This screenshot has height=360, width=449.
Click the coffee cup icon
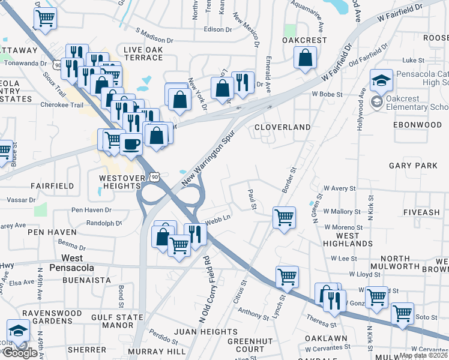click(x=131, y=144)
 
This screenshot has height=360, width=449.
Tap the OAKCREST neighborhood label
click(x=305, y=40)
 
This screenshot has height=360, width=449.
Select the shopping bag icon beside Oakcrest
click(x=306, y=59)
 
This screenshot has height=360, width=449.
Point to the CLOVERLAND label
click(x=282, y=127)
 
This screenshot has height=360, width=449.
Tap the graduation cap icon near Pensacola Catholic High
click(x=381, y=80)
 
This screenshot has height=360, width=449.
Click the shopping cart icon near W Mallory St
click(x=284, y=217)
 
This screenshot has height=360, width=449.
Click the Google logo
click(x=19, y=353)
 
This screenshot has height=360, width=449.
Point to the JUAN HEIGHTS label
click(x=206, y=332)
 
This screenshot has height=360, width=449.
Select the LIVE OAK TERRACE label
click(x=143, y=53)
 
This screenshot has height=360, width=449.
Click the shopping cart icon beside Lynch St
click(x=287, y=277)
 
